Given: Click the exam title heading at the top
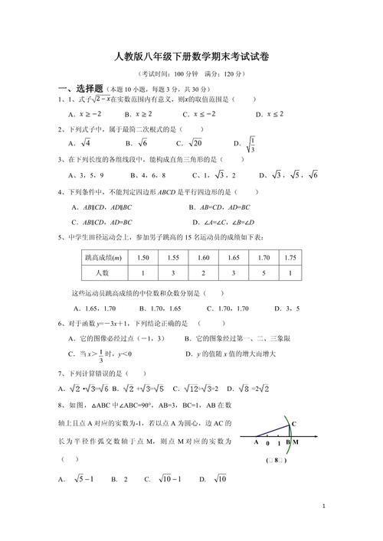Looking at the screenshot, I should tap(191, 57).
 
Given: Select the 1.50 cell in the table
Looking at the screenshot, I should tap(142, 258).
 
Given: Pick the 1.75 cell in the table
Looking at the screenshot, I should tap(290, 258).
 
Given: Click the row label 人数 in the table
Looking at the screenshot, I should tap(103, 272).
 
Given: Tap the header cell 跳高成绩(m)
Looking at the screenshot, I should tap(103, 258).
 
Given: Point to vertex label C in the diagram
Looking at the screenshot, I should tap(293, 422).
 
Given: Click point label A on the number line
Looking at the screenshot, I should tap(256, 442).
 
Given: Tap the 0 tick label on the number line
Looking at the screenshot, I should tap(267, 443).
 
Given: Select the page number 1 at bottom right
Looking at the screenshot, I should tap(325, 507).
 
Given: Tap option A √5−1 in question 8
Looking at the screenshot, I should tap(77, 479).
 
